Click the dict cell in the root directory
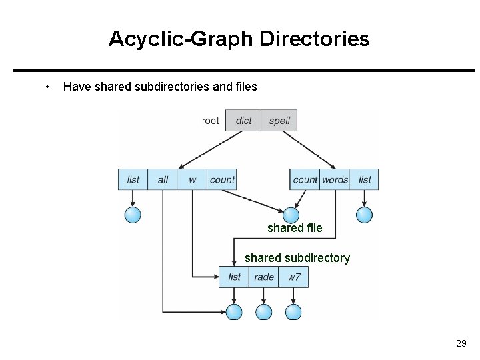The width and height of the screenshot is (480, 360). click(x=243, y=120)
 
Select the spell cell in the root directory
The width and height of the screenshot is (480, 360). click(x=279, y=120)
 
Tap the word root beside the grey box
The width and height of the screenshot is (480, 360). click(x=210, y=121)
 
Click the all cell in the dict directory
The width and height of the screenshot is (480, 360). click(x=163, y=179)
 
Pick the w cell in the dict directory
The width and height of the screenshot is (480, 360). click(x=192, y=179)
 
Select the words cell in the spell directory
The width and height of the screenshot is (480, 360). click(x=335, y=179)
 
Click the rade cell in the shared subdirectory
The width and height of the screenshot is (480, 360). click(x=263, y=277)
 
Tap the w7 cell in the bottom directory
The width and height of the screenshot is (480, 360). click(x=293, y=277)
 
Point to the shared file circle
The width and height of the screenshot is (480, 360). click(x=291, y=215)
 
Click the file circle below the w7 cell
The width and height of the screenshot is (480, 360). click(x=293, y=312)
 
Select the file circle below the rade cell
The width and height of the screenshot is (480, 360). click(x=263, y=312)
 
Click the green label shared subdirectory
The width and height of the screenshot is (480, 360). click(x=297, y=258)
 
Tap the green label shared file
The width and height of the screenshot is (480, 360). click(x=295, y=228)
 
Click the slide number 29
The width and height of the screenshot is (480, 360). click(x=461, y=343)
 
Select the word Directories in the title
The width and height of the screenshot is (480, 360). click(x=315, y=39)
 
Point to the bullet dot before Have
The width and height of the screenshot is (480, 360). click(x=47, y=87)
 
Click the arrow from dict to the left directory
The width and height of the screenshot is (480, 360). click(x=210, y=150)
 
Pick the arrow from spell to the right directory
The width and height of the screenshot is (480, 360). click(x=309, y=150)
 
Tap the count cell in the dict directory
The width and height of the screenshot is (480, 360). click(x=222, y=179)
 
